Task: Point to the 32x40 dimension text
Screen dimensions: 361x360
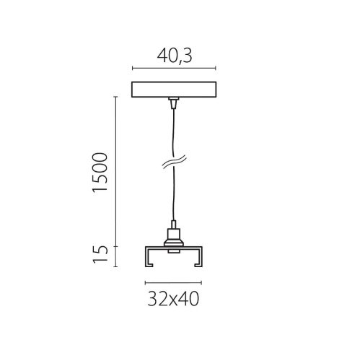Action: [x=172, y=297]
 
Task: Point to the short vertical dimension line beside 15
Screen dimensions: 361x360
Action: [x=116, y=253]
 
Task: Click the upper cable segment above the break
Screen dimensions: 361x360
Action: [x=172, y=134]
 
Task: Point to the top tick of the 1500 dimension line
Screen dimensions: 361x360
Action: [x=116, y=96]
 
